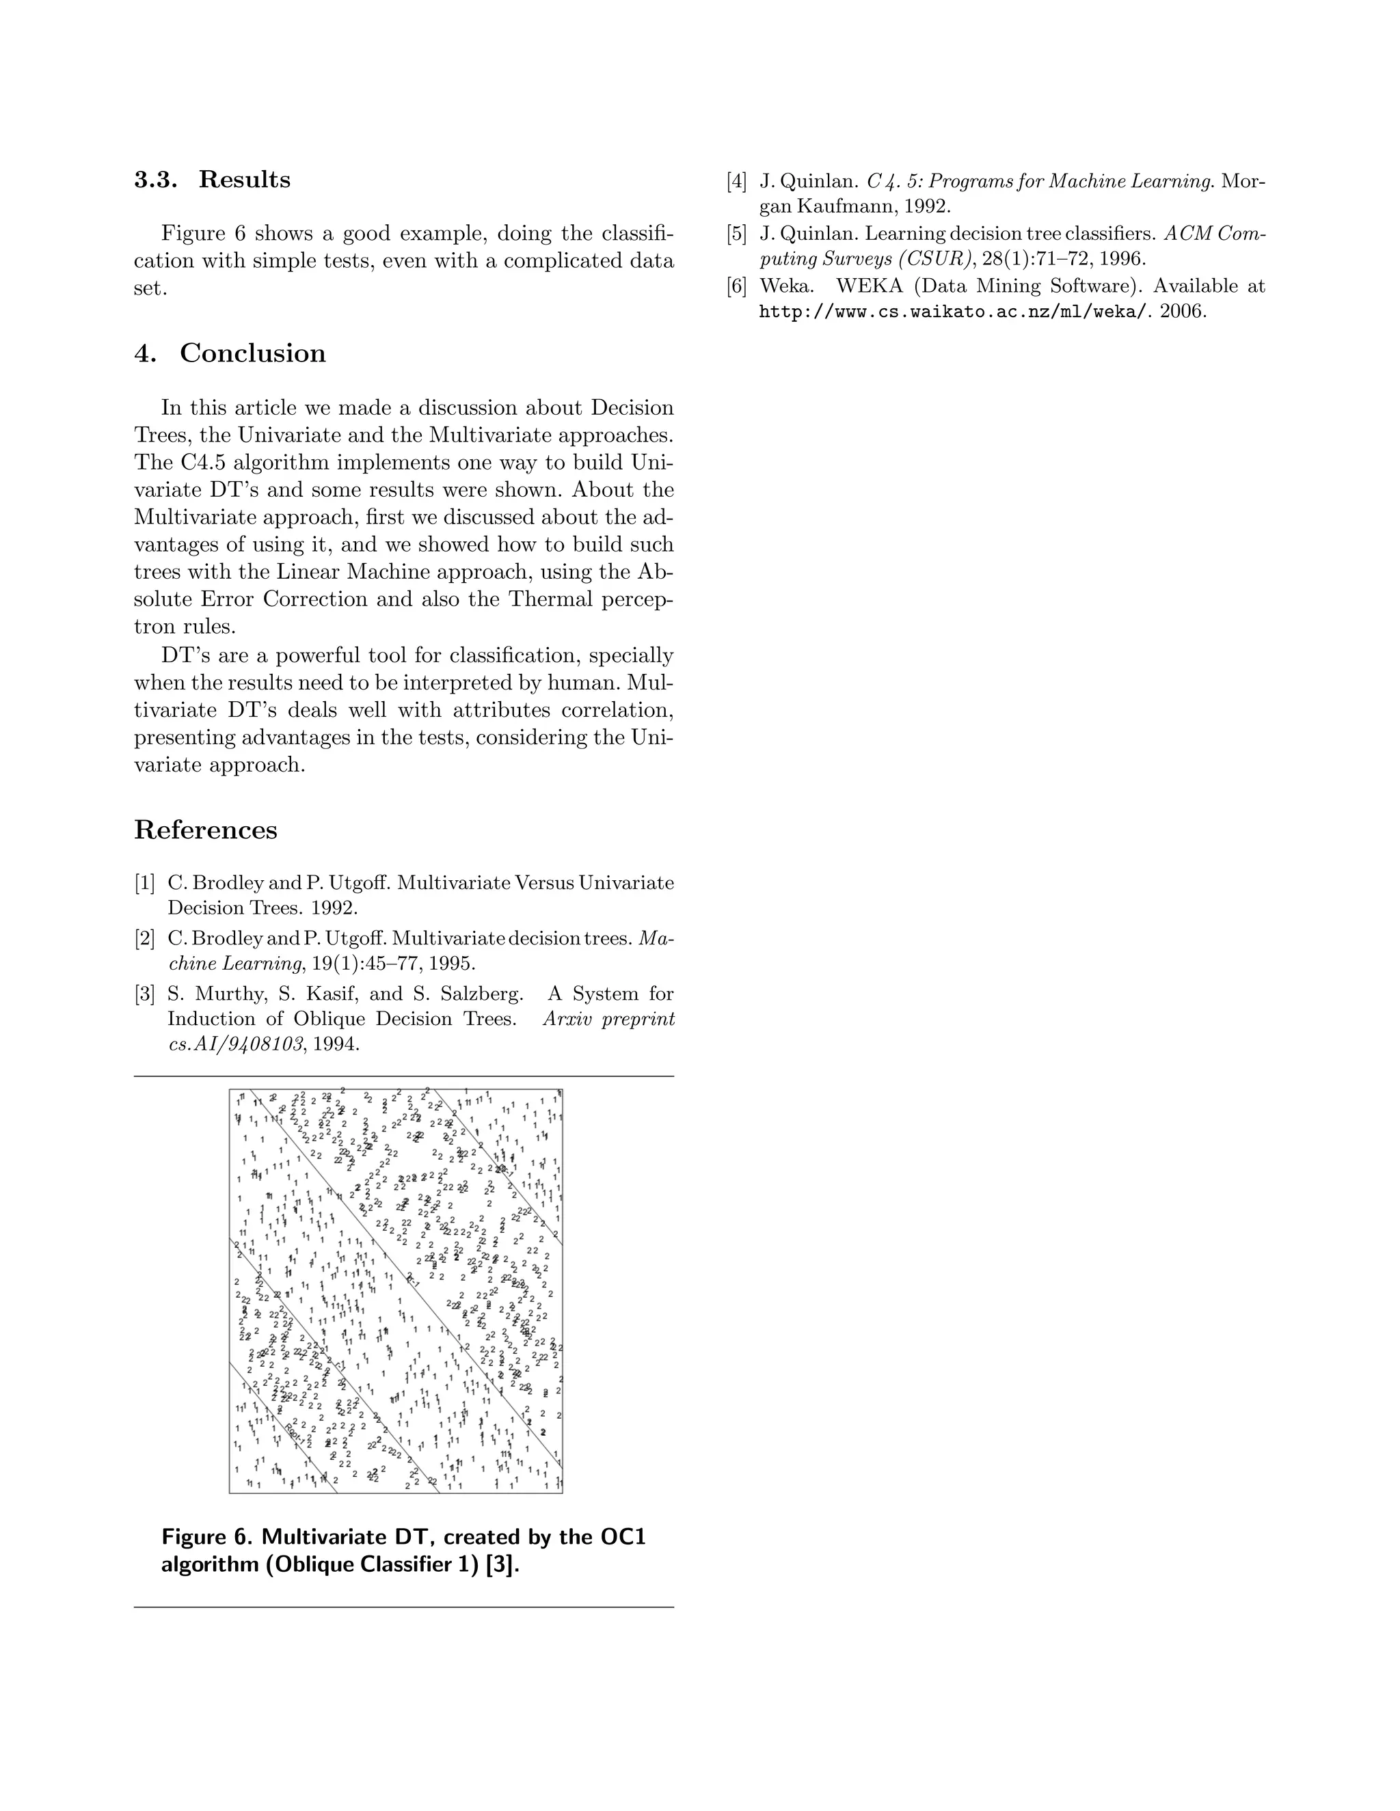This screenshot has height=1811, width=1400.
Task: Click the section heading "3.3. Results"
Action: click(x=213, y=180)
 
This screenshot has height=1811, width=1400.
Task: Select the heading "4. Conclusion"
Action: click(x=230, y=353)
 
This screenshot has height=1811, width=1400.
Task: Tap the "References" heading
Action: click(x=206, y=830)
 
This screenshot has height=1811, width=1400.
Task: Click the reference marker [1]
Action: click(x=145, y=883)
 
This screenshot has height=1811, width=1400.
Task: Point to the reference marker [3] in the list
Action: click(x=145, y=994)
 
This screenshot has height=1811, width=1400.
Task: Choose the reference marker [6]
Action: click(x=736, y=286)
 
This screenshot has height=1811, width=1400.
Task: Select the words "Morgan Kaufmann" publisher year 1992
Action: click(x=854, y=206)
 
